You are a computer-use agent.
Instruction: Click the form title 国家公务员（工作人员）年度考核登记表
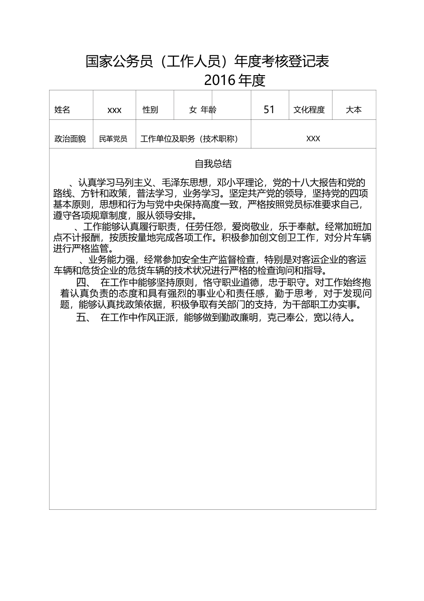coord(207,61)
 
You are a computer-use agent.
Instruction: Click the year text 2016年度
coord(235,80)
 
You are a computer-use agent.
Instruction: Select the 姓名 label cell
coord(62,110)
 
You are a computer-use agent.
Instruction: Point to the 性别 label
coord(150,110)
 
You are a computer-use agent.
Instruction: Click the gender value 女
coord(193,110)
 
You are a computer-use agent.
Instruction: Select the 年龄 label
coord(208,110)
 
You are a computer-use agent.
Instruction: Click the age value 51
coord(269,110)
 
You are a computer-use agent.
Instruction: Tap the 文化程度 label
coord(309,110)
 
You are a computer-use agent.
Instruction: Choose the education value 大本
coord(354,110)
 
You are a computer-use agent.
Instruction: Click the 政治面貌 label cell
coord(70,139)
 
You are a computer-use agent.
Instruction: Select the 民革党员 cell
coord(113,139)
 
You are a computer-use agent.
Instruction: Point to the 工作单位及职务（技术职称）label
coord(189,139)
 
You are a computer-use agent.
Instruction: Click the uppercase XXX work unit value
coord(313,139)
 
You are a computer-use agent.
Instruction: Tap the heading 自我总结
coord(213,164)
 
